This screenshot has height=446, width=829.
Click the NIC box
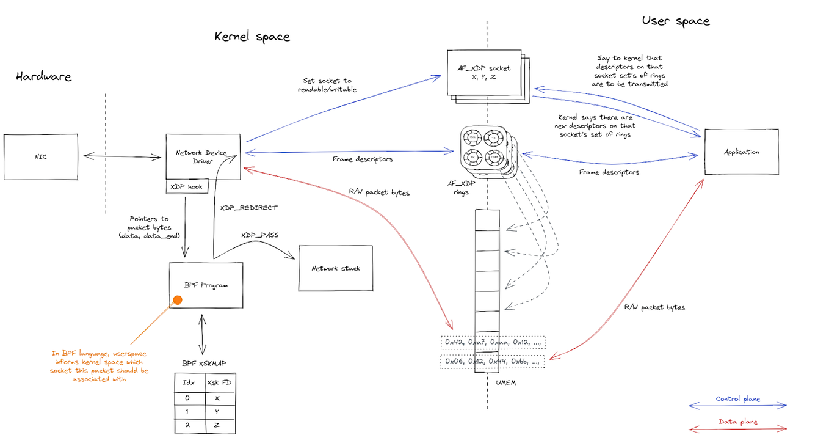coord(41,157)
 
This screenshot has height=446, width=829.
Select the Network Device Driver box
coord(205,157)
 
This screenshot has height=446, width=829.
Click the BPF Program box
coord(206,285)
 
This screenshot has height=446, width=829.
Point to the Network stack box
coord(336,269)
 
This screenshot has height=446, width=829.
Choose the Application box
coord(742,152)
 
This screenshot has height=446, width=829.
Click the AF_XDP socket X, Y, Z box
coord(485,73)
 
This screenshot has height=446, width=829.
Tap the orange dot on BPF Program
coord(178,300)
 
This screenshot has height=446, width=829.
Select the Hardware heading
coord(43,77)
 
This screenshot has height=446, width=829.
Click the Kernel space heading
coord(252,37)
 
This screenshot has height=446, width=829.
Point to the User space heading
coord(676,21)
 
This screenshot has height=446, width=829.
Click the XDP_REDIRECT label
coord(248,208)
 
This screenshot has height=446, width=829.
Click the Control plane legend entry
coord(738,400)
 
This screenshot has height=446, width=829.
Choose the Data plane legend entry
coord(738,422)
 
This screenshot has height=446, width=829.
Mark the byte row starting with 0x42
coord(492,342)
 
